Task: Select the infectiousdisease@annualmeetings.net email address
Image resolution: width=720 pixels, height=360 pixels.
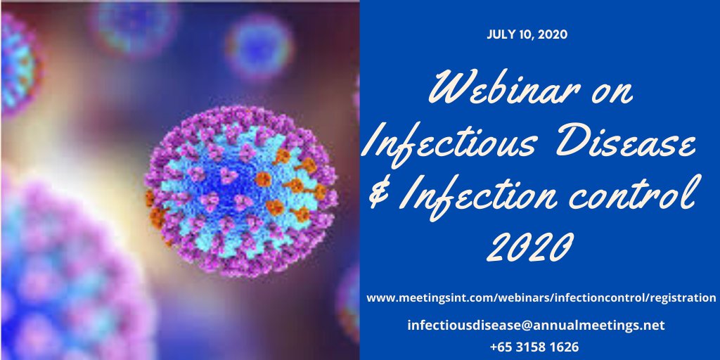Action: point(536,326)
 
